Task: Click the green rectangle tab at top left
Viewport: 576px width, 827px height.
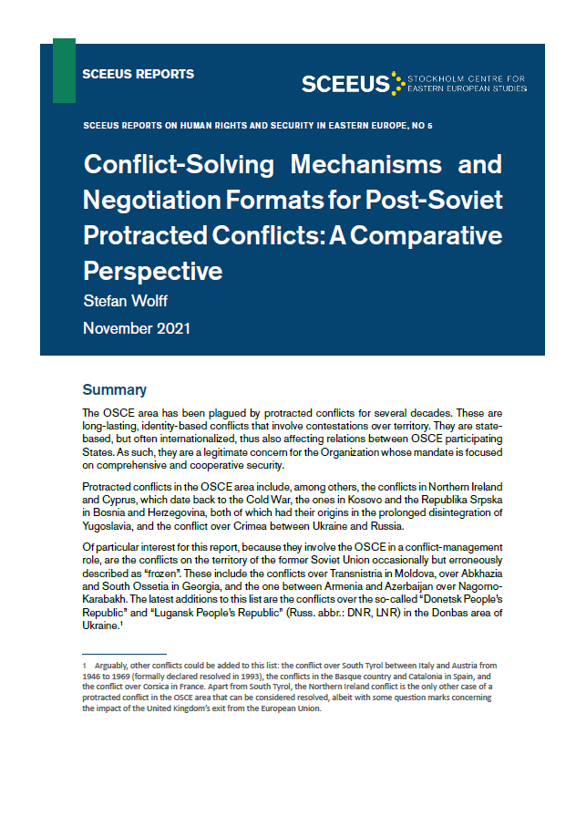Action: click(x=64, y=70)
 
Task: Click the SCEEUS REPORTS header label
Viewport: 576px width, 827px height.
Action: click(x=138, y=74)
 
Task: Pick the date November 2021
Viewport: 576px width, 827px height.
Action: click(x=137, y=327)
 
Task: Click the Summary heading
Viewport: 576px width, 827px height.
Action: click(x=114, y=390)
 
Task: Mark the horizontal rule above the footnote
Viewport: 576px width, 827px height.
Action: click(x=124, y=655)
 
